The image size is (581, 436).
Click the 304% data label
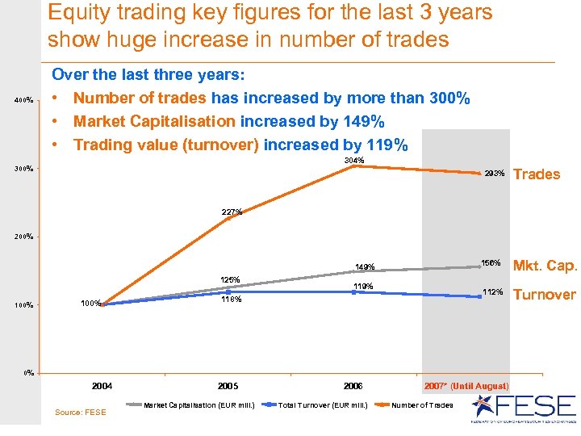[x=353, y=161]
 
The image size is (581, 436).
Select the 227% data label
[x=232, y=212]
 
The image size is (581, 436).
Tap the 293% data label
[x=495, y=174]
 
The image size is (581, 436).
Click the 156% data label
[x=491, y=263]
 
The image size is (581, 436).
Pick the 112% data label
[x=493, y=292]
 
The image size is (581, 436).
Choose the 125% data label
[x=232, y=279]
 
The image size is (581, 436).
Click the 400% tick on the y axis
[x=23, y=101]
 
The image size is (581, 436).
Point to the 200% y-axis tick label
[x=23, y=237]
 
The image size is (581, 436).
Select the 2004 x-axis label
[x=102, y=386]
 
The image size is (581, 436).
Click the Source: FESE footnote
[x=80, y=413]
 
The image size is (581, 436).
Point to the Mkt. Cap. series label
[x=545, y=266]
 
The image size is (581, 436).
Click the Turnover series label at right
[x=545, y=294]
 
